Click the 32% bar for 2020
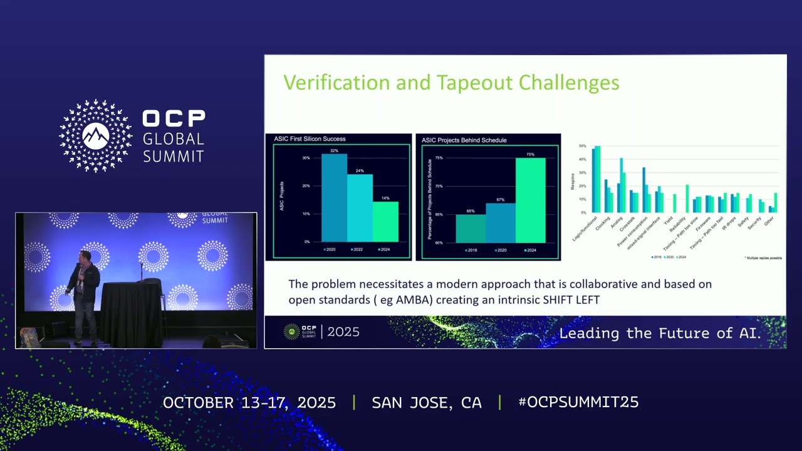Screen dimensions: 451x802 (x=334, y=197)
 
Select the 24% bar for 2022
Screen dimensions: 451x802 (x=360, y=207)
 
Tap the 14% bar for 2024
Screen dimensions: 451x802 (x=385, y=221)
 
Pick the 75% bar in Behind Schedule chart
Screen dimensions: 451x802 (x=530, y=200)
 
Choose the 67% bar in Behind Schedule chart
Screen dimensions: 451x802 (x=500, y=222)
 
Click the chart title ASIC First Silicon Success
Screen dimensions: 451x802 (x=310, y=139)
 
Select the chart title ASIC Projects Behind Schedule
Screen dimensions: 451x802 (x=464, y=140)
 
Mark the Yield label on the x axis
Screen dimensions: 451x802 (x=669, y=221)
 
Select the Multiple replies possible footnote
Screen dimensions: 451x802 (x=763, y=258)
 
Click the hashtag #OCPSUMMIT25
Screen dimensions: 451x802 (x=578, y=403)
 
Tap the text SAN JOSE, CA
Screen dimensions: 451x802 (x=427, y=403)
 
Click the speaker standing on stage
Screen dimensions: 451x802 (x=85, y=294)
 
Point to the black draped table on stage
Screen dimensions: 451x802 (x=132, y=313)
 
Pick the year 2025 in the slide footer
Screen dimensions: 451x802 (x=343, y=332)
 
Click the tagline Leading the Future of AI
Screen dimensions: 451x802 (x=660, y=333)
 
